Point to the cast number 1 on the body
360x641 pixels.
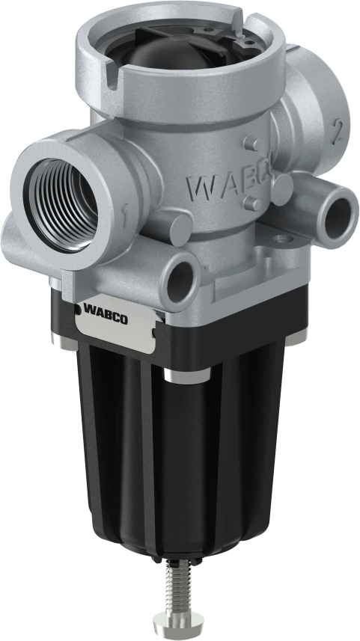pyautogui.click(x=126, y=218)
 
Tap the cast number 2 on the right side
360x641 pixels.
pyautogui.click(x=338, y=132)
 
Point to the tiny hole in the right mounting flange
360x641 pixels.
pyautogui.click(x=281, y=240)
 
